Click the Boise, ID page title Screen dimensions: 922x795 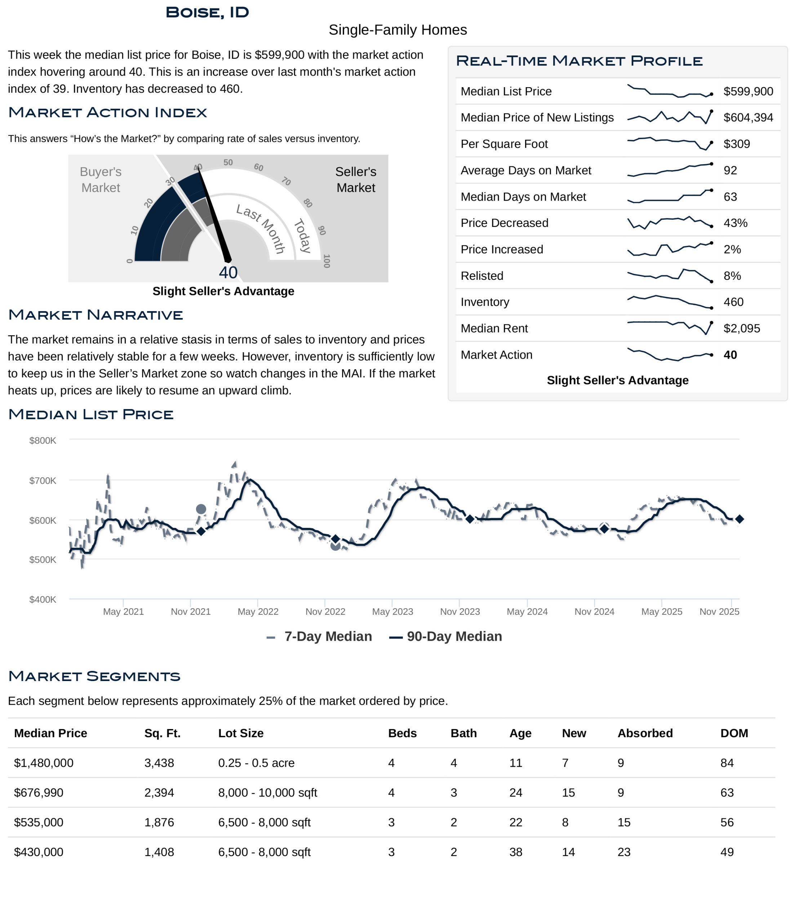(x=207, y=13)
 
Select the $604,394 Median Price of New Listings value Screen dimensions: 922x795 (x=748, y=117)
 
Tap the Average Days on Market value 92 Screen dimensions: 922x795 (x=730, y=170)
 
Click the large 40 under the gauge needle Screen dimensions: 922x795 (x=228, y=272)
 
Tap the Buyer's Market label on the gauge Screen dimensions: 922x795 (x=101, y=180)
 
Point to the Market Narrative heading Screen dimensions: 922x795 (x=96, y=315)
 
